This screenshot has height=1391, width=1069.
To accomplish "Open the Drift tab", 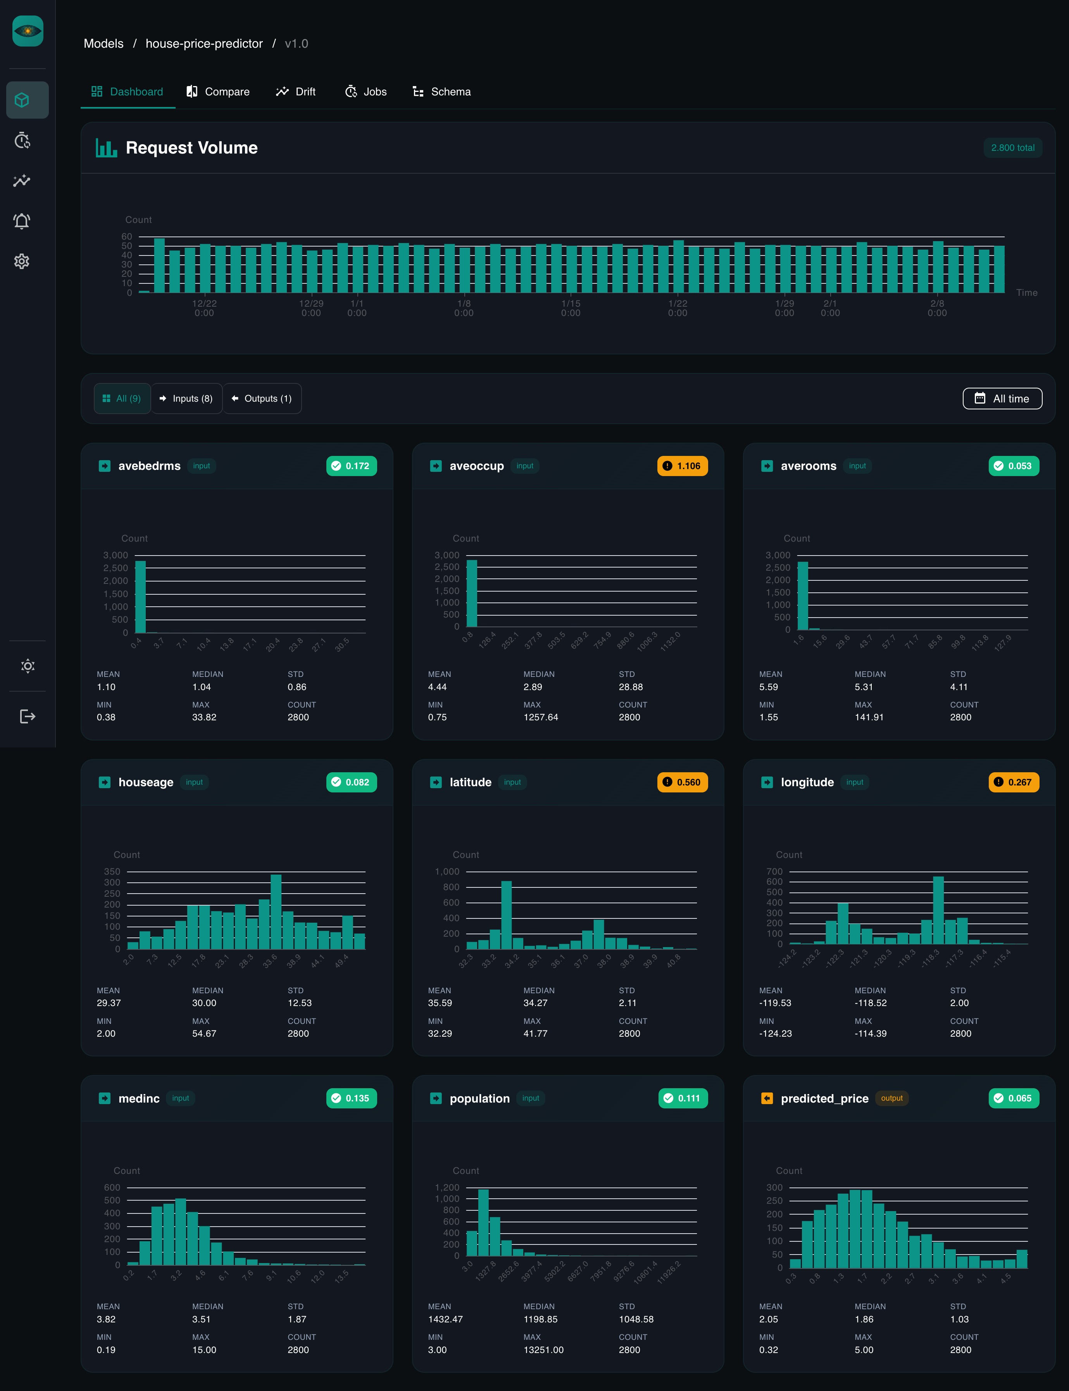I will click(x=296, y=91).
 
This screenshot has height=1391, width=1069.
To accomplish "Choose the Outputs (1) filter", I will click(x=262, y=398).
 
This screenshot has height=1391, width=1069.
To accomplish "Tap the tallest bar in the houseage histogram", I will click(x=276, y=911).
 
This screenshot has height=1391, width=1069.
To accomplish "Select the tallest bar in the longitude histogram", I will click(x=938, y=910).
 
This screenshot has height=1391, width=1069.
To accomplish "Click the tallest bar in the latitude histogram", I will click(x=507, y=915).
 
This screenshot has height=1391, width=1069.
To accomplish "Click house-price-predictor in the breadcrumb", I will click(x=203, y=43).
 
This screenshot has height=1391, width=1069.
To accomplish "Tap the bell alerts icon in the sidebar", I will click(x=22, y=221).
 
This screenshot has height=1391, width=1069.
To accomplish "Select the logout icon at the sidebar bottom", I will click(x=28, y=716).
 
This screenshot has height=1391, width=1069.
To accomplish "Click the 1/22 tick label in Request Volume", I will click(x=677, y=308).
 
